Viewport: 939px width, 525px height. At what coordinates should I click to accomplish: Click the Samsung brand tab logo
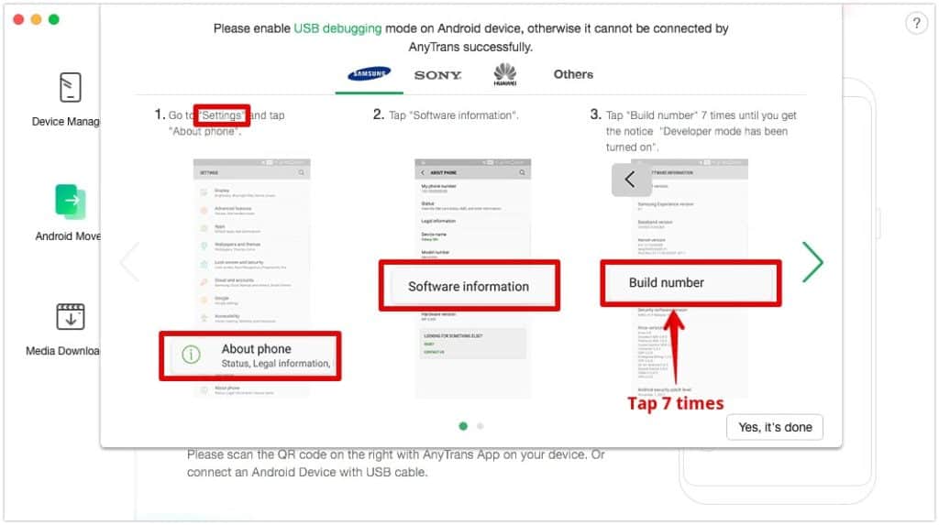pyautogui.click(x=369, y=74)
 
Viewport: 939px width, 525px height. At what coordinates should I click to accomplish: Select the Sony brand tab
pyautogui.click(x=437, y=75)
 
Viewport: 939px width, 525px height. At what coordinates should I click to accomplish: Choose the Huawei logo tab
pyautogui.click(x=504, y=74)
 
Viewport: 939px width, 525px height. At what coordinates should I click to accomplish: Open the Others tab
pyautogui.click(x=573, y=74)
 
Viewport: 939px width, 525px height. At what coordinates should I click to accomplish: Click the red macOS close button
pyautogui.click(x=18, y=19)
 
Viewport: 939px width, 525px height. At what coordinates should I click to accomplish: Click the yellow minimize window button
pyautogui.click(x=36, y=19)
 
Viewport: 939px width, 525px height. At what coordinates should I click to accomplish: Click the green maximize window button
pyautogui.click(x=53, y=19)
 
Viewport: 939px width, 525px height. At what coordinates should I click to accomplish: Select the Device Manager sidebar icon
pyautogui.click(x=70, y=88)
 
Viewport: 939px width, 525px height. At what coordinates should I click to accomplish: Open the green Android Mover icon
pyautogui.click(x=70, y=202)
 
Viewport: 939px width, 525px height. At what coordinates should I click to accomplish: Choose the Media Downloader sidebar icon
pyautogui.click(x=70, y=316)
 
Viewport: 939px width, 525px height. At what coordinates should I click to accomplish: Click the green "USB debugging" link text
pyautogui.click(x=337, y=28)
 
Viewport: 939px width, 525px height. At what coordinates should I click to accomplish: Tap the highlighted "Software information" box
pyautogui.click(x=469, y=286)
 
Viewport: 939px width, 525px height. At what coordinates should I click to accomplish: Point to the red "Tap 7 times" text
pyautogui.click(x=676, y=403)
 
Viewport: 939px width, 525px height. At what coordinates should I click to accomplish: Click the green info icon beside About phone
pyautogui.click(x=191, y=355)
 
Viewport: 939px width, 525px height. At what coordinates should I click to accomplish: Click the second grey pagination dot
pyautogui.click(x=481, y=426)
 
